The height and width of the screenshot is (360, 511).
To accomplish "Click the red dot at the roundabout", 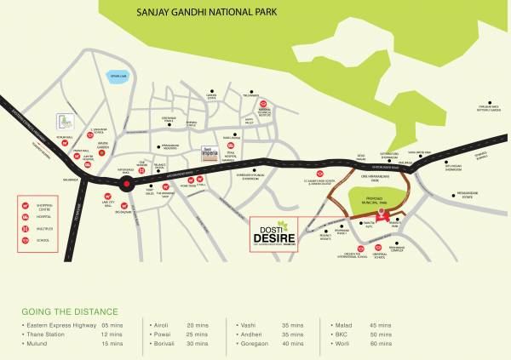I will click(127, 183).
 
